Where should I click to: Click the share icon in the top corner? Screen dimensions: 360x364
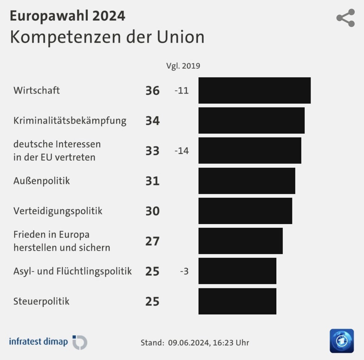tap(346, 18)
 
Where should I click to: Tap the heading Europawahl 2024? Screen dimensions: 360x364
tap(67, 16)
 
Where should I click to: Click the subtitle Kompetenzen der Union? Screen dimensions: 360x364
tap(107, 37)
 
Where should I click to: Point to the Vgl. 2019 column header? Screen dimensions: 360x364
tap(183, 66)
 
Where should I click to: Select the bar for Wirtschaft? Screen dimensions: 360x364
tap(254, 91)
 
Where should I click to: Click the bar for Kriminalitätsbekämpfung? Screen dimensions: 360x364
tap(251, 121)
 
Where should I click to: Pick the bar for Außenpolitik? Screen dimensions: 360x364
tap(247, 181)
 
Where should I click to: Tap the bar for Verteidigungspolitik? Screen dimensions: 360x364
tap(245, 211)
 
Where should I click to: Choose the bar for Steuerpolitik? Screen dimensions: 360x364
tap(237, 301)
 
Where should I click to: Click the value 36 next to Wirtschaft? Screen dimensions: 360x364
tap(153, 91)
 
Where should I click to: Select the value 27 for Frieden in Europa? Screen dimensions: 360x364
tap(153, 241)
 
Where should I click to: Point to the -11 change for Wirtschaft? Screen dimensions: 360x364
tap(182, 91)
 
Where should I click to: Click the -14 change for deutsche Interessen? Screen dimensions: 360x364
tap(182, 151)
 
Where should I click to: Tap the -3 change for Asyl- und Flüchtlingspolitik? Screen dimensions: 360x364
tap(184, 271)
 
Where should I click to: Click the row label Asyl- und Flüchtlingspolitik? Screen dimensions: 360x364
tap(73, 271)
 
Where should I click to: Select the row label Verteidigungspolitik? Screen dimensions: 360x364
tap(58, 211)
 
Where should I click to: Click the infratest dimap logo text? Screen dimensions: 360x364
tap(38, 341)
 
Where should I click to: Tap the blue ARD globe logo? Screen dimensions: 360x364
tap(342, 341)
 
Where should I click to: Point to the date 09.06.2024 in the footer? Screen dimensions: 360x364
tap(188, 343)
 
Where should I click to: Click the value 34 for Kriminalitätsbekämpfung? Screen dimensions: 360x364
tap(153, 121)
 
